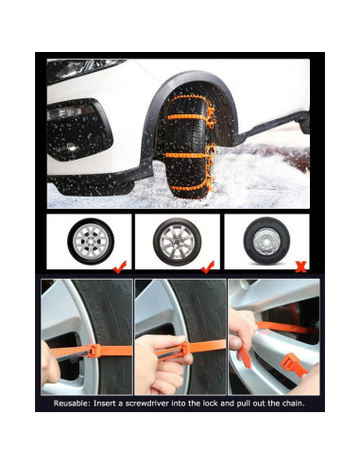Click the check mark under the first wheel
pos(119,267)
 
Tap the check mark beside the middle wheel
pos(208,267)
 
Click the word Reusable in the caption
pos(80,402)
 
